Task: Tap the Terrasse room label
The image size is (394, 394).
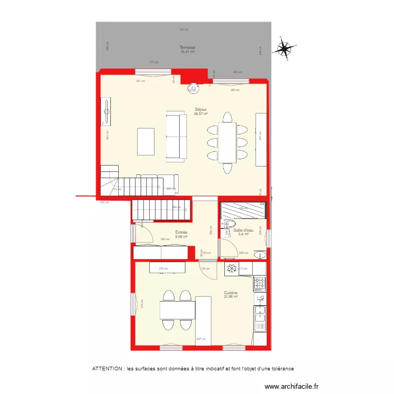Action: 188,47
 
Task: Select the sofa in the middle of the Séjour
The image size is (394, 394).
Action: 177,137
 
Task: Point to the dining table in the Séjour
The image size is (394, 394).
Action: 227,142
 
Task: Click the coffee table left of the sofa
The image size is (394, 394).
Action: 146,142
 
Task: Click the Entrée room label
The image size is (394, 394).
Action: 181,232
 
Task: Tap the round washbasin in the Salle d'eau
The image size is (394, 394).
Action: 258,256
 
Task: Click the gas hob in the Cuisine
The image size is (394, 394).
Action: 260,284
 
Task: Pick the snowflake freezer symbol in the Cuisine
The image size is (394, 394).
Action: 232,269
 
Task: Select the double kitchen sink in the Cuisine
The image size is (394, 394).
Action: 260,318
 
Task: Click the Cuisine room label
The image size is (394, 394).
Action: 231,293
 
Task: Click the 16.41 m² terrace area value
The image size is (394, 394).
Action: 188,52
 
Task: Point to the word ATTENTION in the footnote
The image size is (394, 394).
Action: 108,369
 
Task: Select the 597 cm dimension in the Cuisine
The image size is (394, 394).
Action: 200,339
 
